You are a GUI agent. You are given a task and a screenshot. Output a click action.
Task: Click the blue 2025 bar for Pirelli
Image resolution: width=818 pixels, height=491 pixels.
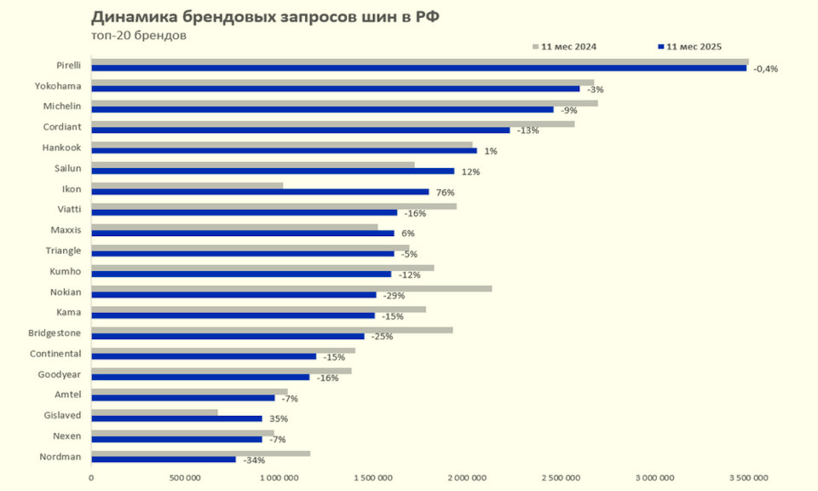[x=418, y=68]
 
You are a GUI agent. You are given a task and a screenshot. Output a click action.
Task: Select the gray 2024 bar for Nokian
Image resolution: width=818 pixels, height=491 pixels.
[x=291, y=288]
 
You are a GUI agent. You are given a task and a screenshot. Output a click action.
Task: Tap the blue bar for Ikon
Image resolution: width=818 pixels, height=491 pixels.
[x=260, y=192]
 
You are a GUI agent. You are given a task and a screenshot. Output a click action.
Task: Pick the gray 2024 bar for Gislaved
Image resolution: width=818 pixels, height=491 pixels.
[x=154, y=412]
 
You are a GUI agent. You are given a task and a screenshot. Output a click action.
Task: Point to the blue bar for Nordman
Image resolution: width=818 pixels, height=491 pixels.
[x=163, y=459]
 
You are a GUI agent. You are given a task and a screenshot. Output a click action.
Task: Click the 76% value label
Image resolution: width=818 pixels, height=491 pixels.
[x=445, y=193]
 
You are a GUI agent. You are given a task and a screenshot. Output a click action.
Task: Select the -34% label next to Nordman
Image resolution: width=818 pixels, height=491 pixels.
[x=253, y=460]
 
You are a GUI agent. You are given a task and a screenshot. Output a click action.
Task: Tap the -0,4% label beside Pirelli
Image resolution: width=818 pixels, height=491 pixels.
[x=766, y=69]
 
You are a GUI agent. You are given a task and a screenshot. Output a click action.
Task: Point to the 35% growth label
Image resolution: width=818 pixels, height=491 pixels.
[x=279, y=419]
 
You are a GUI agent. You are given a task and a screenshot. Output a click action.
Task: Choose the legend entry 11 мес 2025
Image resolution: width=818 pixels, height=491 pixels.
[x=694, y=46]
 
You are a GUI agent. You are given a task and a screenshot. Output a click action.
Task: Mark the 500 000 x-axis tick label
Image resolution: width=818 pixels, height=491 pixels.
[x=185, y=478]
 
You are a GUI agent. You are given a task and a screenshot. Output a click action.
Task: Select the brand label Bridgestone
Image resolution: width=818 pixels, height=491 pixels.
[x=55, y=332]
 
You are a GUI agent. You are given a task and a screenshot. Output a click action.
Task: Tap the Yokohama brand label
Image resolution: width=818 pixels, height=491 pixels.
[x=58, y=85]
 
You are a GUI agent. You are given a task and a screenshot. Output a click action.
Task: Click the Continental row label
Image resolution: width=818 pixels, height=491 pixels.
[x=55, y=353]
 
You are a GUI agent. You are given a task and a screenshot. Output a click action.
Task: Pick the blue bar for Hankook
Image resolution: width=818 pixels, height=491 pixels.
[x=284, y=151]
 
